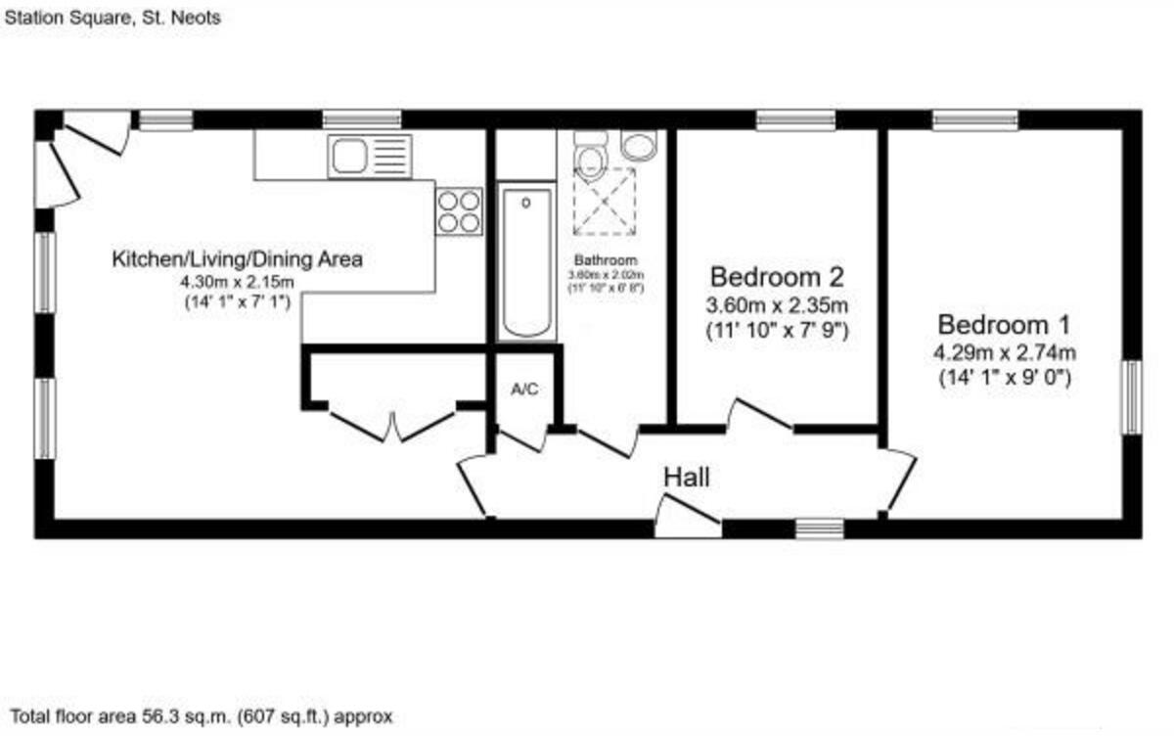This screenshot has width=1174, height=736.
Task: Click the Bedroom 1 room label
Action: [x=1005, y=324]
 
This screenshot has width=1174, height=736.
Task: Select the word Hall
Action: [x=687, y=479]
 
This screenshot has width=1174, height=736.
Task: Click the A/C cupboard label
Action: [x=524, y=390]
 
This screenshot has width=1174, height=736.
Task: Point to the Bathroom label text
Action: [x=606, y=261]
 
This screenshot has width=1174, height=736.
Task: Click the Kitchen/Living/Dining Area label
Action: [x=238, y=259]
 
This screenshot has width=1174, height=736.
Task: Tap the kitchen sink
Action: [x=369, y=156]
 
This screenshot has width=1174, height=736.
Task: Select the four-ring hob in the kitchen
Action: [x=459, y=209]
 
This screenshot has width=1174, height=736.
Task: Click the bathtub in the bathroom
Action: [x=526, y=261]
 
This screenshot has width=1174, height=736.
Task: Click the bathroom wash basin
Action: [x=640, y=145]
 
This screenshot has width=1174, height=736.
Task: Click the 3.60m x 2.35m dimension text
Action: [x=777, y=304]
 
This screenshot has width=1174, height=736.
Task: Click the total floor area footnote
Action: [x=201, y=717]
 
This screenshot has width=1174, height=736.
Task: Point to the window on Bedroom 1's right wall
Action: [x=1131, y=397]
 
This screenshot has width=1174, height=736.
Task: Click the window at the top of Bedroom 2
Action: [x=795, y=119]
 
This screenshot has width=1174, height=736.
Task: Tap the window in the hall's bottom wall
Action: [x=819, y=529]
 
